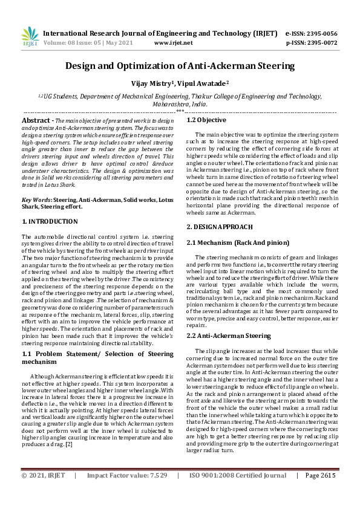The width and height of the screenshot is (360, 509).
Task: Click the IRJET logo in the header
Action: [30, 37]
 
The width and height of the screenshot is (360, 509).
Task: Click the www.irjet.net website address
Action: [174, 43]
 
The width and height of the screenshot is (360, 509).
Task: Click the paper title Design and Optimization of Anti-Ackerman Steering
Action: [180, 65]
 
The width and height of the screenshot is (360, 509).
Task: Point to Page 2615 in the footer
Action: [320, 493]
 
